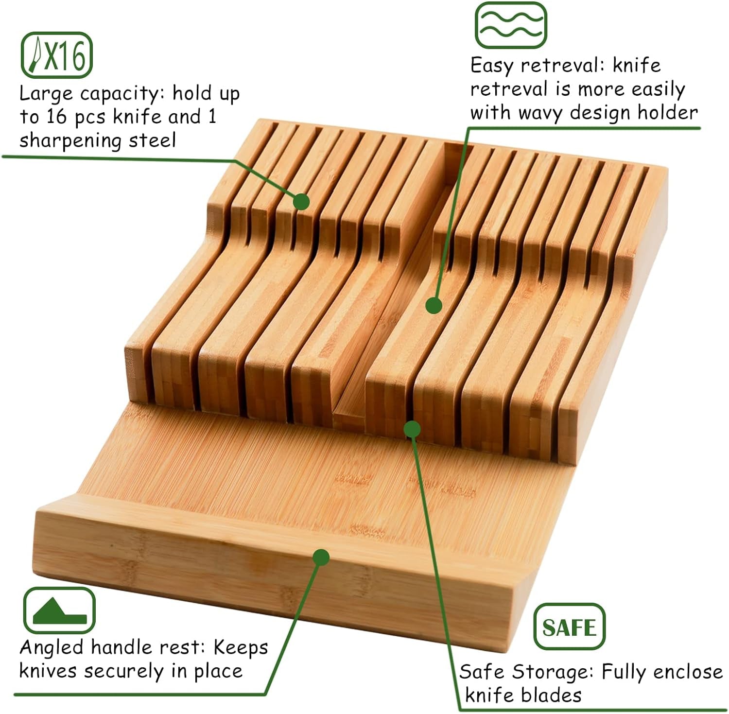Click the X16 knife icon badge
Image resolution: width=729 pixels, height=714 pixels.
[x=56, y=55]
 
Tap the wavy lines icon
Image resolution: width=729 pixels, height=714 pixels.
[x=510, y=25]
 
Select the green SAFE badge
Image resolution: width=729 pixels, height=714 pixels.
[x=569, y=627]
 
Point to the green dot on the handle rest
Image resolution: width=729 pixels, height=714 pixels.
[x=321, y=557]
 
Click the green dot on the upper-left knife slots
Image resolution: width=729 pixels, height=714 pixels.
[x=301, y=201]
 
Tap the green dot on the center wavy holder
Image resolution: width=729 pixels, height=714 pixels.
[x=434, y=305]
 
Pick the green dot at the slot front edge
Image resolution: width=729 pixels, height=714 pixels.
[x=412, y=429]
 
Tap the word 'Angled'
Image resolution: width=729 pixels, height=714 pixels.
[x=52, y=647]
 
